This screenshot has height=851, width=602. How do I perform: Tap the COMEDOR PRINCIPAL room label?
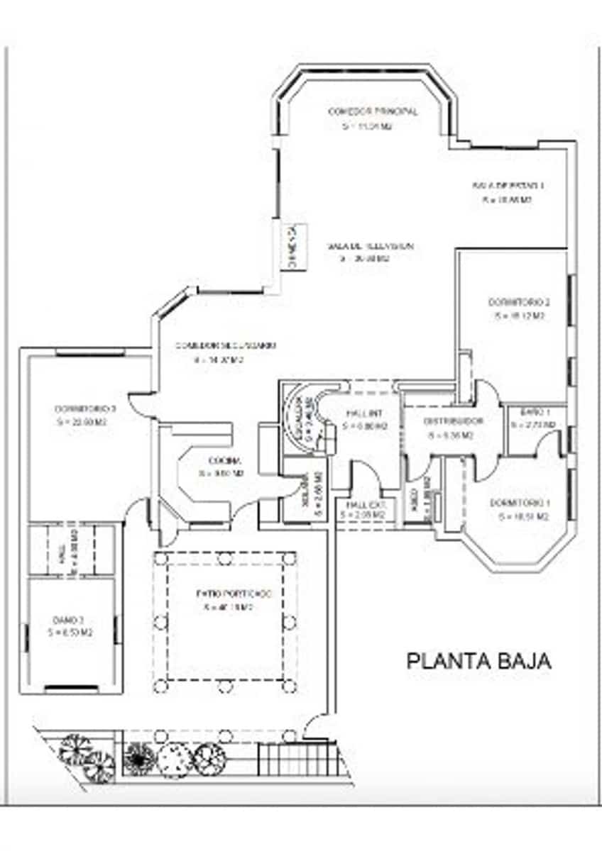[372, 111]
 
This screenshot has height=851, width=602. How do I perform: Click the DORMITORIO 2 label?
[519, 302]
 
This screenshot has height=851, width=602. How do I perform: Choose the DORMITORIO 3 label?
[85, 409]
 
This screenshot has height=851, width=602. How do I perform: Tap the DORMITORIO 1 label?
[519, 504]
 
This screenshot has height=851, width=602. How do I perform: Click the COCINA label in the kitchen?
[219, 459]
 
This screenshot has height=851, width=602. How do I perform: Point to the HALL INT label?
[365, 413]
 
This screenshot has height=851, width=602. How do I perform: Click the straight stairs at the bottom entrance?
[295, 760]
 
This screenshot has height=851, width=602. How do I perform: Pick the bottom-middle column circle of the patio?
[225, 686]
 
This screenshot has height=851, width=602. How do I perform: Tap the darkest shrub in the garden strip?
[136, 757]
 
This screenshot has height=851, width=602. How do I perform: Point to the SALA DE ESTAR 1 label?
[508, 185]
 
